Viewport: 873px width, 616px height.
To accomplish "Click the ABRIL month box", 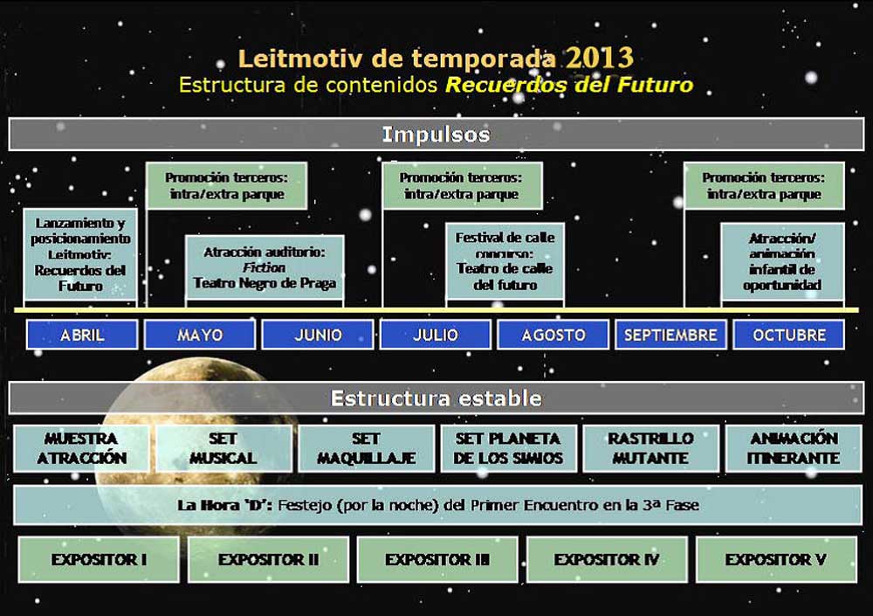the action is click(x=82, y=335).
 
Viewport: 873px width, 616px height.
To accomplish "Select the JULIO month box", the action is click(x=436, y=335).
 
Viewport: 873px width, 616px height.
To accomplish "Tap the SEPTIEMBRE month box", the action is click(x=670, y=335).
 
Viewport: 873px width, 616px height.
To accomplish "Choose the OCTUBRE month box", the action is click(x=789, y=335).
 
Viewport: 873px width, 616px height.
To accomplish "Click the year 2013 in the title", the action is click(x=600, y=58).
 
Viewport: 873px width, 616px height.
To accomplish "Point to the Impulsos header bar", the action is click(x=436, y=135).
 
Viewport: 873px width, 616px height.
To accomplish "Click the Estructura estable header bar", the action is click(x=436, y=398).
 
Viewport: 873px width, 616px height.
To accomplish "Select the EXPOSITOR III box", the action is click(x=437, y=559).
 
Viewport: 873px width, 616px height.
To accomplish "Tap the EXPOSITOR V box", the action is click(x=776, y=559).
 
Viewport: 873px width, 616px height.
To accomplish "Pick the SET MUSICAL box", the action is click(x=223, y=448).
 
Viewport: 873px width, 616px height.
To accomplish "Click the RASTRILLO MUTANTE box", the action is click(x=651, y=448).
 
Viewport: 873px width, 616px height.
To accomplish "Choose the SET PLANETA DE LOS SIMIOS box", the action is click(x=508, y=448).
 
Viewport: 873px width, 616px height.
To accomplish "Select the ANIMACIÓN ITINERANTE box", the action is click(x=794, y=448).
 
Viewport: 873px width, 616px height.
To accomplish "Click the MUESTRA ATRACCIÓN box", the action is click(x=81, y=448).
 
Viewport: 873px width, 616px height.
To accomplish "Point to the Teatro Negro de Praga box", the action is click(x=265, y=268).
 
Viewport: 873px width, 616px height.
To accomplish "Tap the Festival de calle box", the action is click(x=505, y=261).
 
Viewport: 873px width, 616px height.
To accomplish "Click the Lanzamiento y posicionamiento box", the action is click(x=80, y=254).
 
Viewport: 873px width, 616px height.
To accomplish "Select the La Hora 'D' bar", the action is click(x=437, y=505).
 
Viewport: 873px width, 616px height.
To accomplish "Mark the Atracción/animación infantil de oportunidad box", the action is click(x=782, y=261).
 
